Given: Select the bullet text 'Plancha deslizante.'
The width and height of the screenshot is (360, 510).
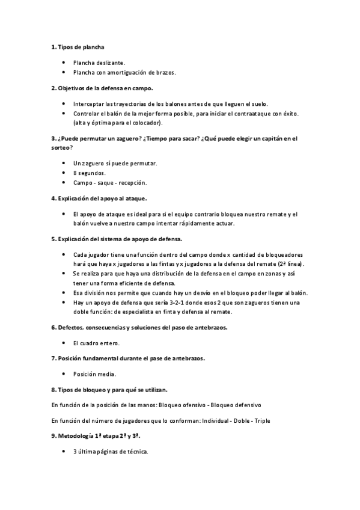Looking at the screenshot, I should [x=99, y=62].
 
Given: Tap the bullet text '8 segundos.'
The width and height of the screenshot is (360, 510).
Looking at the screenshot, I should [x=89, y=173].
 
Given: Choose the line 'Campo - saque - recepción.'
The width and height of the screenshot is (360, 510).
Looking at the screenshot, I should [x=109, y=182].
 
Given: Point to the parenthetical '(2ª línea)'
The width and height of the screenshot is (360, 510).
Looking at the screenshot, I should [x=291, y=264].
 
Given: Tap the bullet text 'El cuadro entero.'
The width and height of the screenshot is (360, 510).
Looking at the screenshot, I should [x=96, y=343].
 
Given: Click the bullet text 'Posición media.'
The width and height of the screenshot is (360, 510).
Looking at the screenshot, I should [x=94, y=373].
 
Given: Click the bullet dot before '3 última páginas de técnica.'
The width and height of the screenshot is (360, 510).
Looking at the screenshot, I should [x=64, y=450].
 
